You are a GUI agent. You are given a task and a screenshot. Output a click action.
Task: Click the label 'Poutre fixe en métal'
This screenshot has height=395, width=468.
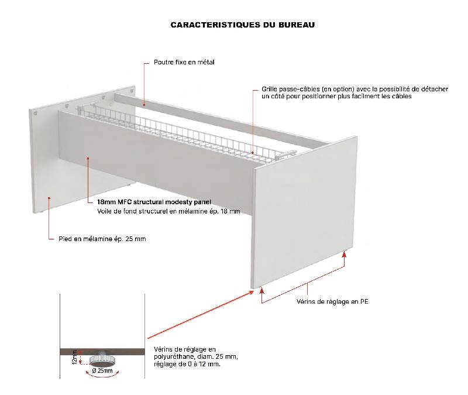(184, 61)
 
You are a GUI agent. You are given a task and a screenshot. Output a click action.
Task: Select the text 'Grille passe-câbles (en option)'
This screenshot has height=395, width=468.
(307, 89)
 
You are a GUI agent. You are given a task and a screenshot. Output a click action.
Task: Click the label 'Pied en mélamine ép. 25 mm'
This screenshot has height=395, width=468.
(102, 239)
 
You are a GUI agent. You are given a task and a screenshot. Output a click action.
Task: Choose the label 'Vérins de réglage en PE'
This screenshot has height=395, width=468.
(332, 302)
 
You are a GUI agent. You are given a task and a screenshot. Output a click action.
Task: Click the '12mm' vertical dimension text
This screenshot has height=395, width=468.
(74, 357)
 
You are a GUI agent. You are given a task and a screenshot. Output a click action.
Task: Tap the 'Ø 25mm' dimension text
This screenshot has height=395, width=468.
(102, 371)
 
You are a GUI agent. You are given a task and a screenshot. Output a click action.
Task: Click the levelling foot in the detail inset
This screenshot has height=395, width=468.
(102, 360)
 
